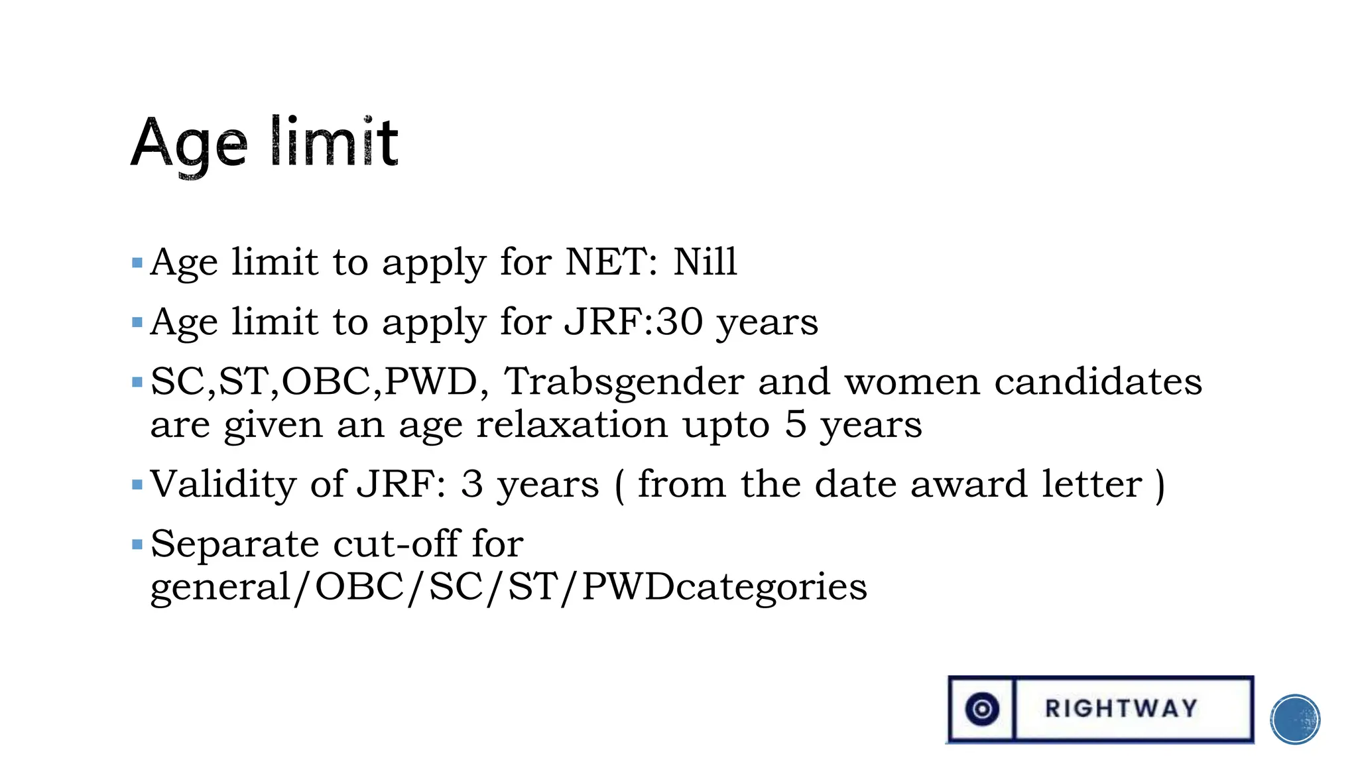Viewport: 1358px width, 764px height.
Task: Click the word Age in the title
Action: pos(189,144)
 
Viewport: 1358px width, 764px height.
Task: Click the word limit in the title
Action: pos(334,141)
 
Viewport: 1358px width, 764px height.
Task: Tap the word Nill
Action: pos(705,261)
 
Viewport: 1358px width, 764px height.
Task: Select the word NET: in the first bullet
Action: pos(611,261)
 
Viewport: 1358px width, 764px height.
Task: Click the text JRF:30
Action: pos(633,322)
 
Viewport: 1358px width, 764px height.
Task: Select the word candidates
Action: pos(1098,381)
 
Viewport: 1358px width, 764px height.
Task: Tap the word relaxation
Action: pos(572,424)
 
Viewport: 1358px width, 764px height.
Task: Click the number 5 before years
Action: pos(795,424)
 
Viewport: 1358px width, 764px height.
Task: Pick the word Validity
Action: pos(223,484)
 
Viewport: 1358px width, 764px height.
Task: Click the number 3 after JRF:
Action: pos(471,484)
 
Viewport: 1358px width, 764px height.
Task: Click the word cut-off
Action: pos(395,544)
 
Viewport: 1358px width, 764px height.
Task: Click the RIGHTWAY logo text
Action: pos(1121,708)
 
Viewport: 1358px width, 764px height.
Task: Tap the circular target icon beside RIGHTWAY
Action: pos(982,709)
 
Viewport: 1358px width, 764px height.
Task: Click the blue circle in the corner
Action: pos(1295,719)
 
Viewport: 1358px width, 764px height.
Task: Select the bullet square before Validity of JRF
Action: pos(137,485)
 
